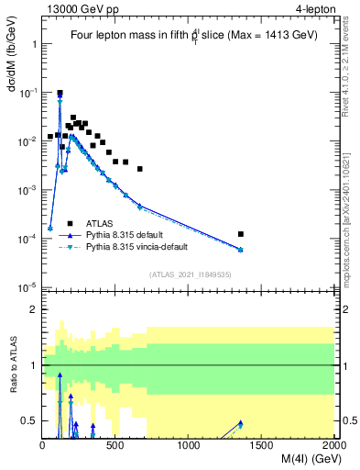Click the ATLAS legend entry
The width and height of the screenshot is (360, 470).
100,223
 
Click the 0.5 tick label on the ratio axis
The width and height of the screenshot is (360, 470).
30,421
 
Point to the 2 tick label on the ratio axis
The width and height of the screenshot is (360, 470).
34,309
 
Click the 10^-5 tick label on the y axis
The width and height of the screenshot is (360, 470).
27,286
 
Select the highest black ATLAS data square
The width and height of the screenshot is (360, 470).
60,93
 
